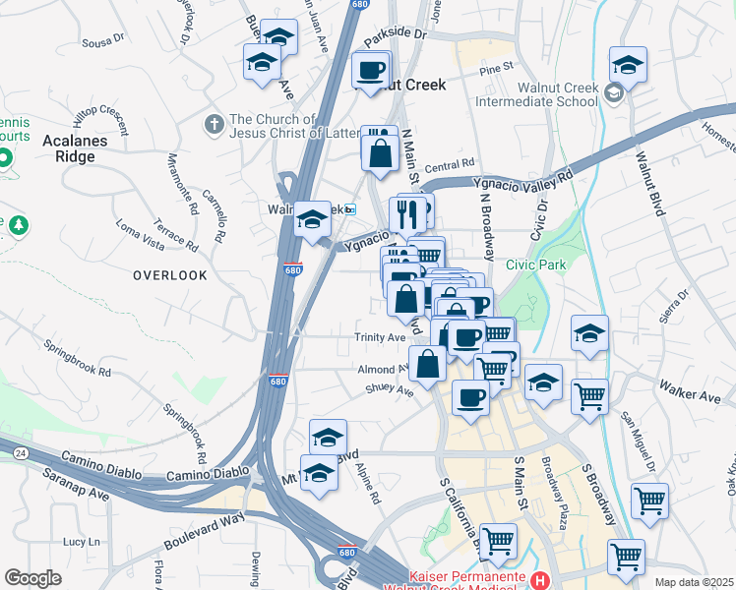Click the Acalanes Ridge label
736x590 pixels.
point(68,147)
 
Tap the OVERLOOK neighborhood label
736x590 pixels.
point(170,275)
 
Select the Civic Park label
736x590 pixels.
point(537,265)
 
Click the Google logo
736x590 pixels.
point(33,578)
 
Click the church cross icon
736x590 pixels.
point(213,125)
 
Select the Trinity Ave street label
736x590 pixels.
point(381,337)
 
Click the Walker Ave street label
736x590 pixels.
point(690,395)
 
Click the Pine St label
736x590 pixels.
point(497,68)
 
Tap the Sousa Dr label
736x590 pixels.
point(105,41)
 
